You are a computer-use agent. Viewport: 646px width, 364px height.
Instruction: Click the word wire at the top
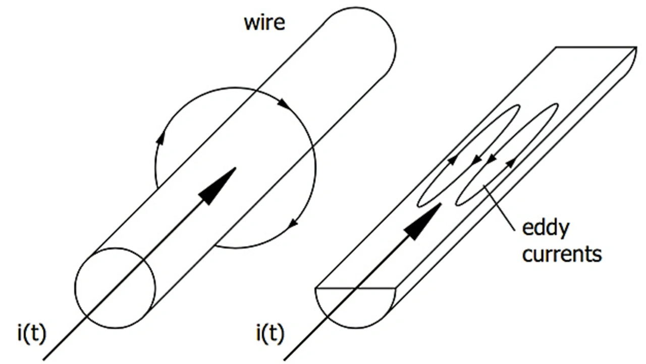(x=264, y=23)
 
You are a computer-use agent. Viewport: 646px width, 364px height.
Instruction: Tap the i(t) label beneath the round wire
(x=31, y=333)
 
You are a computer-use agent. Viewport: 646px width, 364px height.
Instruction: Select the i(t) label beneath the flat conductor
(x=270, y=333)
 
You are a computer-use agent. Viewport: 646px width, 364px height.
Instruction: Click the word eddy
(x=545, y=229)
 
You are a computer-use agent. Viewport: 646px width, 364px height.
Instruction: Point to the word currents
(x=562, y=253)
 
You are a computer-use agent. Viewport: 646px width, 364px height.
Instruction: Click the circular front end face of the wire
(x=115, y=288)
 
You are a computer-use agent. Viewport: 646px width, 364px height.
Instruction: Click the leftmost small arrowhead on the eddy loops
(x=452, y=160)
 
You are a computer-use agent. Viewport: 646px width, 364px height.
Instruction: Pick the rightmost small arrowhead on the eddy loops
(x=512, y=162)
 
